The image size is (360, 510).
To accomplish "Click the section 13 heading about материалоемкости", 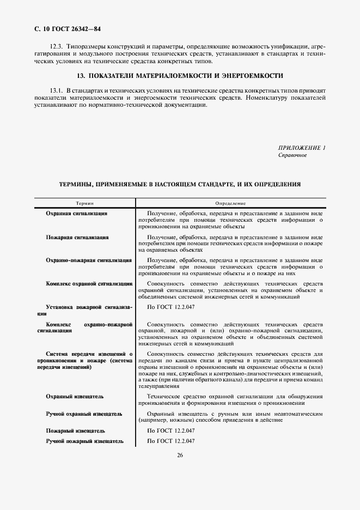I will coord(180,76).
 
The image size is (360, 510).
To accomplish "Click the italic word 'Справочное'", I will coord(292,155).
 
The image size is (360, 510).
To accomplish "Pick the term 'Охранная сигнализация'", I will coord(76,214).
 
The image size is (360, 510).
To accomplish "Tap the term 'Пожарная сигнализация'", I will coord(77,238).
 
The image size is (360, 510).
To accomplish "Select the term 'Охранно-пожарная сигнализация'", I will coord(88,260).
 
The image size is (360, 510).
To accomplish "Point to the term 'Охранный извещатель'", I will coord(75,396).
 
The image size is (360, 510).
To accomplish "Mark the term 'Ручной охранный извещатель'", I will coord(84,414).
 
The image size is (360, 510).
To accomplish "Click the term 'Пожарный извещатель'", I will coord(75,431).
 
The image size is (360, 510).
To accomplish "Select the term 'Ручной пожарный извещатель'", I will coord(84,441).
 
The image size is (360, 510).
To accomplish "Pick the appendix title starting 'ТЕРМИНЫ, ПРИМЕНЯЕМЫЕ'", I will coord(180,185).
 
